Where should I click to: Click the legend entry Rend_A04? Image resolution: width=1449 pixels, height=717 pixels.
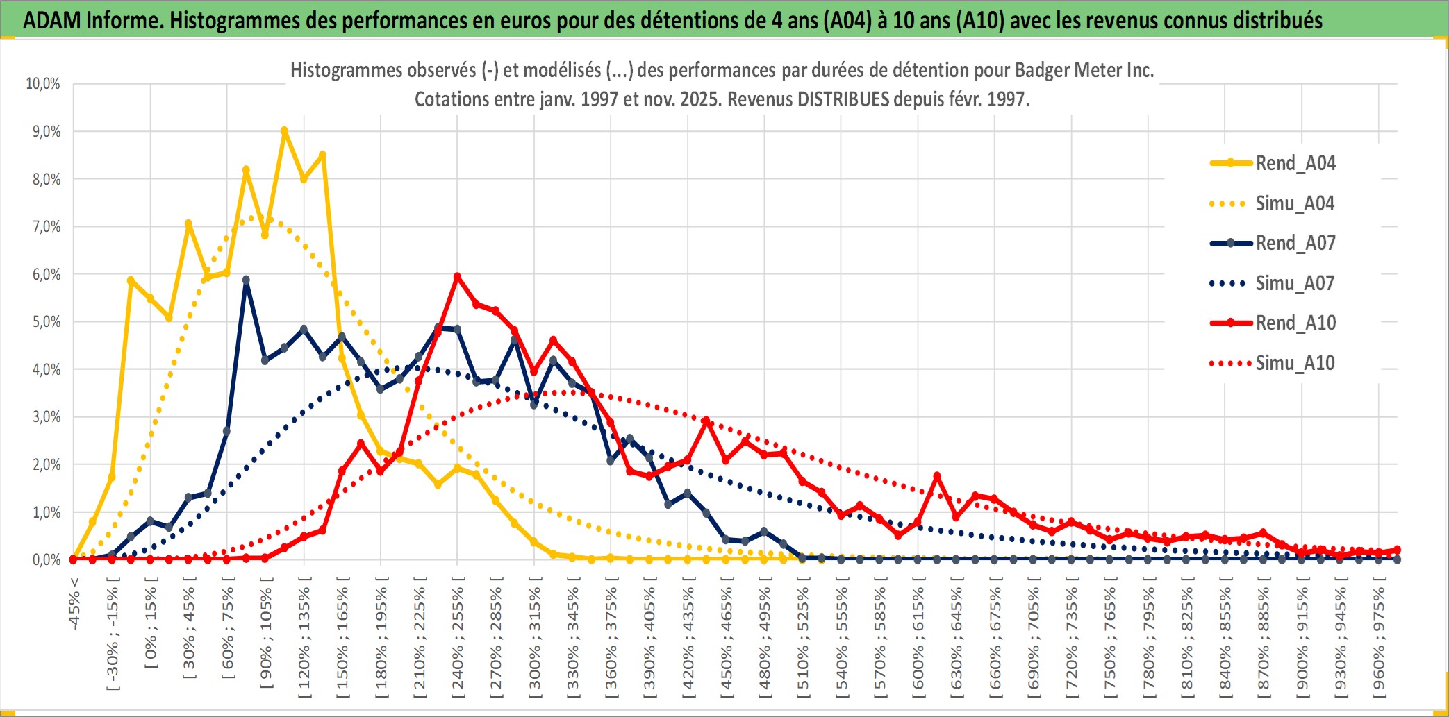click(x=1295, y=163)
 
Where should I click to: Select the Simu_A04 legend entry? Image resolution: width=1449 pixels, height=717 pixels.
click(x=1295, y=203)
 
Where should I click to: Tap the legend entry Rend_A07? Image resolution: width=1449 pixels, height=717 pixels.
click(x=1295, y=243)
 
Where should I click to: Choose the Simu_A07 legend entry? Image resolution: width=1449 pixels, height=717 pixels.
click(x=1295, y=283)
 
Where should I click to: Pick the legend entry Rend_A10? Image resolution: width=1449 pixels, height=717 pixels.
click(x=1295, y=323)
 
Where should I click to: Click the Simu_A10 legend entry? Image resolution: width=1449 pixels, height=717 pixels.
click(x=1295, y=363)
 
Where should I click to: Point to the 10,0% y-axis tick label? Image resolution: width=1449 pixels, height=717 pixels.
click(x=43, y=84)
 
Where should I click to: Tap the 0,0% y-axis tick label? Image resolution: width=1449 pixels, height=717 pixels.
click(x=46, y=560)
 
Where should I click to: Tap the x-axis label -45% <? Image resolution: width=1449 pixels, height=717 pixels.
click(x=74, y=604)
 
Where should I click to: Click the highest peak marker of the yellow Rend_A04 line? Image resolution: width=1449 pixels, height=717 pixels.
click(x=284, y=130)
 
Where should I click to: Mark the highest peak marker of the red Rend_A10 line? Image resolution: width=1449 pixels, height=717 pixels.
click(x=457, y=276)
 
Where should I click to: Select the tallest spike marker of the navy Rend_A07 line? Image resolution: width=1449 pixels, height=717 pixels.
click(x=246, y=280)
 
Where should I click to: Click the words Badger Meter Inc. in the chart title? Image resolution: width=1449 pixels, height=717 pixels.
click(x=1084, y=70)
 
